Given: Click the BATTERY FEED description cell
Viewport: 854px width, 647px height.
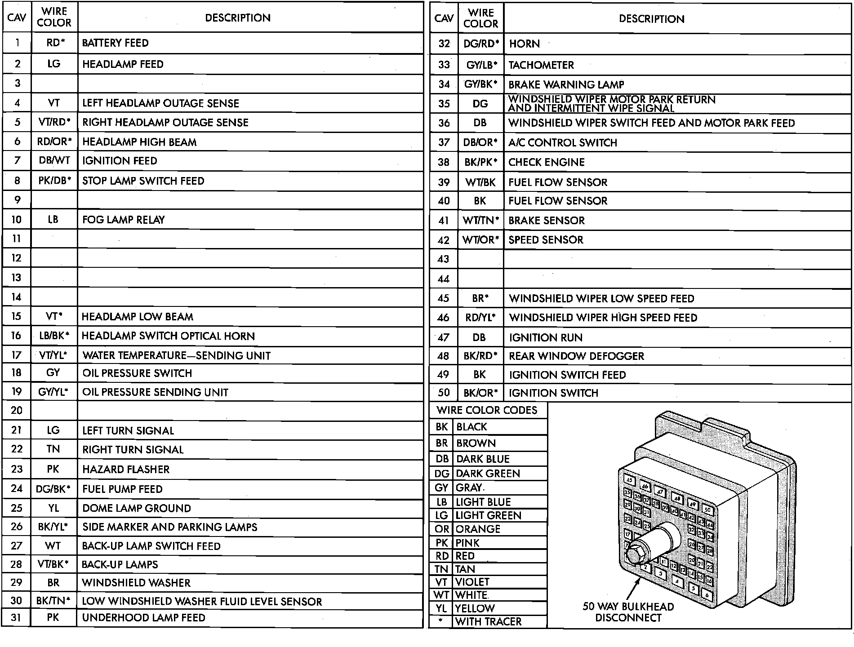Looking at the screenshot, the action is (x=116, y=43).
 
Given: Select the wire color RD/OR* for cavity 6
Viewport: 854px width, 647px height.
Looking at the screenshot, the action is (x=54, y=142).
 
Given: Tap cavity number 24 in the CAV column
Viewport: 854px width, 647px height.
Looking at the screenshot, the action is (x=17, y=488).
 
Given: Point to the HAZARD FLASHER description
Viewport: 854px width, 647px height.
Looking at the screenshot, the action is (x=126, y=470).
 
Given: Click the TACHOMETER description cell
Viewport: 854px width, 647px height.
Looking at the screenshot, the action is (x=541, y=65).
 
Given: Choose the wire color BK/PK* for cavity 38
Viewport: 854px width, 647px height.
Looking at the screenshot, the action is (x=480, y=162).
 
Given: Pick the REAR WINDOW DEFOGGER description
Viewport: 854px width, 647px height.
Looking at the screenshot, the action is (x=576, y=356).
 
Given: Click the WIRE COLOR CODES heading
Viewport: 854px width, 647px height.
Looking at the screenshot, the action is (x=487, y=410).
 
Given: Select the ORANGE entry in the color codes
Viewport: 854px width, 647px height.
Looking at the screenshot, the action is (x=478, y=529).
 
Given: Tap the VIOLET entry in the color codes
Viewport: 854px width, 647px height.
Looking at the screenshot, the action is (x=472, y=582).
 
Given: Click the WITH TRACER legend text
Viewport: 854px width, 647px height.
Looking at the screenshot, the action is (x=488, y=622).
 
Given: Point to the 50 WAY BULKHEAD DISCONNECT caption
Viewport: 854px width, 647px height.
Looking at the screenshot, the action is (x=628, y=612).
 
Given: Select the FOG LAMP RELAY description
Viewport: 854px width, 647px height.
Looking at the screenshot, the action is (x=124, y=220).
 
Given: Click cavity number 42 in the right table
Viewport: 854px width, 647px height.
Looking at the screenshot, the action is (x=444, y=240).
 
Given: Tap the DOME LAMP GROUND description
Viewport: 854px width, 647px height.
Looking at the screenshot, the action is (x=137, y=508).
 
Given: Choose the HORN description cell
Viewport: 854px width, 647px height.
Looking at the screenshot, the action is (x=525, y=44).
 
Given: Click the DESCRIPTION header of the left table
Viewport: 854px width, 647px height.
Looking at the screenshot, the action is (x=238, y=18).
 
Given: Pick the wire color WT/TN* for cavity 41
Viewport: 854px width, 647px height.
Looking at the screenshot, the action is (x=480, y=221).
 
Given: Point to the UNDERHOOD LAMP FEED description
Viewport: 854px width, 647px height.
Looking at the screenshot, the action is (x=143, y=618).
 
